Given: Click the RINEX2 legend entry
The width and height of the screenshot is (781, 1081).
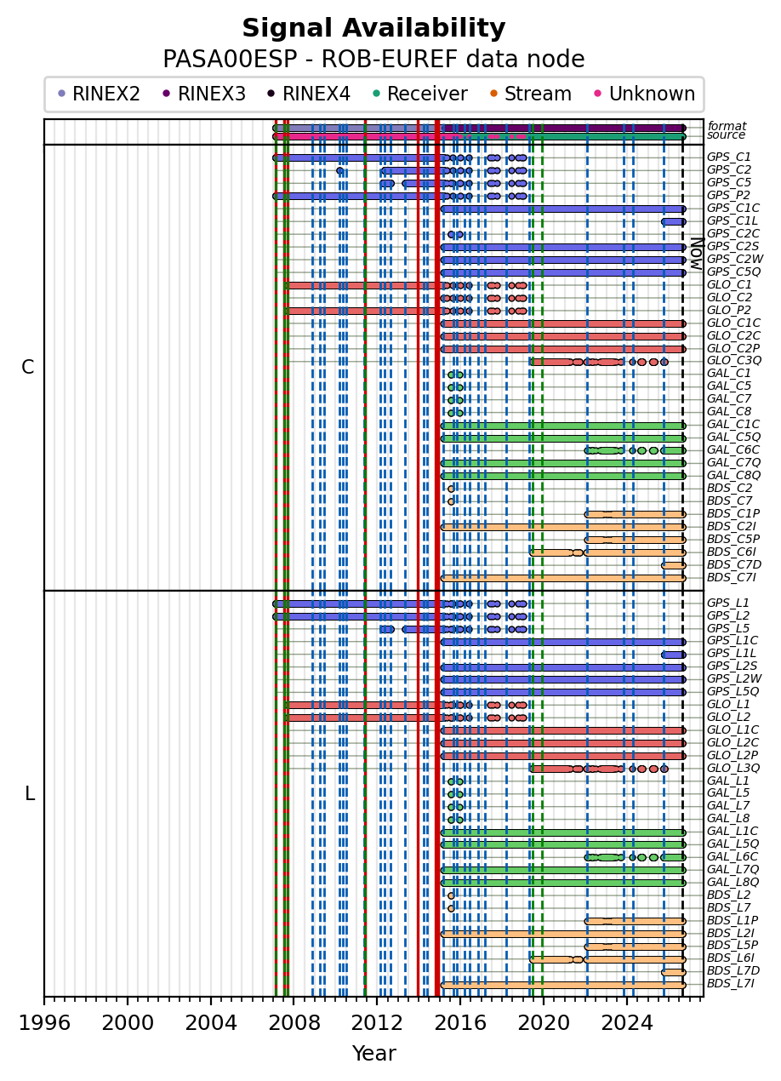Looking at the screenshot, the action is click(x=99, y=94).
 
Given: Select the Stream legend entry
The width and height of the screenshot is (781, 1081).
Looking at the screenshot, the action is click(x=531, y=94).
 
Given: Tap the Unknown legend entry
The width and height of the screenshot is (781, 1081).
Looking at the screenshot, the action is click(x=645, y=94).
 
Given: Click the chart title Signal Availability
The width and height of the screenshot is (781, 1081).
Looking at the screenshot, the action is click(x=373, y=28).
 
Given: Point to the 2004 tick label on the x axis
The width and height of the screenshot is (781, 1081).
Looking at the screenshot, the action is click(x=211, y=1022).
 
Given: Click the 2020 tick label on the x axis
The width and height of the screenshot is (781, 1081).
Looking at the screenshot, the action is click(x=544, y=1022).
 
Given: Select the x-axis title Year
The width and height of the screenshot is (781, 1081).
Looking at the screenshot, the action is click(x=373, y=1053).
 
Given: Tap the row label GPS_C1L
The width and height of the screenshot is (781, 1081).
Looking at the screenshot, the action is click(x=732, y=221).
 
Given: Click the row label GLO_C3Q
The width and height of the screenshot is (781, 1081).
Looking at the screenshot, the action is click(x=733, y=361).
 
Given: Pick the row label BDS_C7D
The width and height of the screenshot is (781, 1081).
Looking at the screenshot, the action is click(x=733, y=564).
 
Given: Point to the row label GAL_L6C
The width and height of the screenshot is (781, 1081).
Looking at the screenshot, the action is click(x=732, y=856).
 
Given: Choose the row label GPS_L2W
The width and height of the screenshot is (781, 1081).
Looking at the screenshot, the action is click(x=733, y=678).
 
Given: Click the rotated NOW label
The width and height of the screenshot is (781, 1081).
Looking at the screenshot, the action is click(x=697, y=254).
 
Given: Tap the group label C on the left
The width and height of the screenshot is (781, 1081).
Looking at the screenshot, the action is click(x=28, y=367).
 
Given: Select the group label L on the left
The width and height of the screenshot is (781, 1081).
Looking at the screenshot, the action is click(x=30, y=794).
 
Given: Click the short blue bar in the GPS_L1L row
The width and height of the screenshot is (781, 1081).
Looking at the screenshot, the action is click(x=674, y=655).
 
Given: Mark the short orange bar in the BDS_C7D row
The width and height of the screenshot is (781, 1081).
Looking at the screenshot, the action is click(x=674, y=565).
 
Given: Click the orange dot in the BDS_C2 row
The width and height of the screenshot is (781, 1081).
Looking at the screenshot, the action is click(x=451, y=489).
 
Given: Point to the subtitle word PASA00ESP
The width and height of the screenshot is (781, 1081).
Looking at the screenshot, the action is click(x=230, y=60).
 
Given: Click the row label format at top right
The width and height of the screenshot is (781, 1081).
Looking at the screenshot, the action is click(x=727, y=126).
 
